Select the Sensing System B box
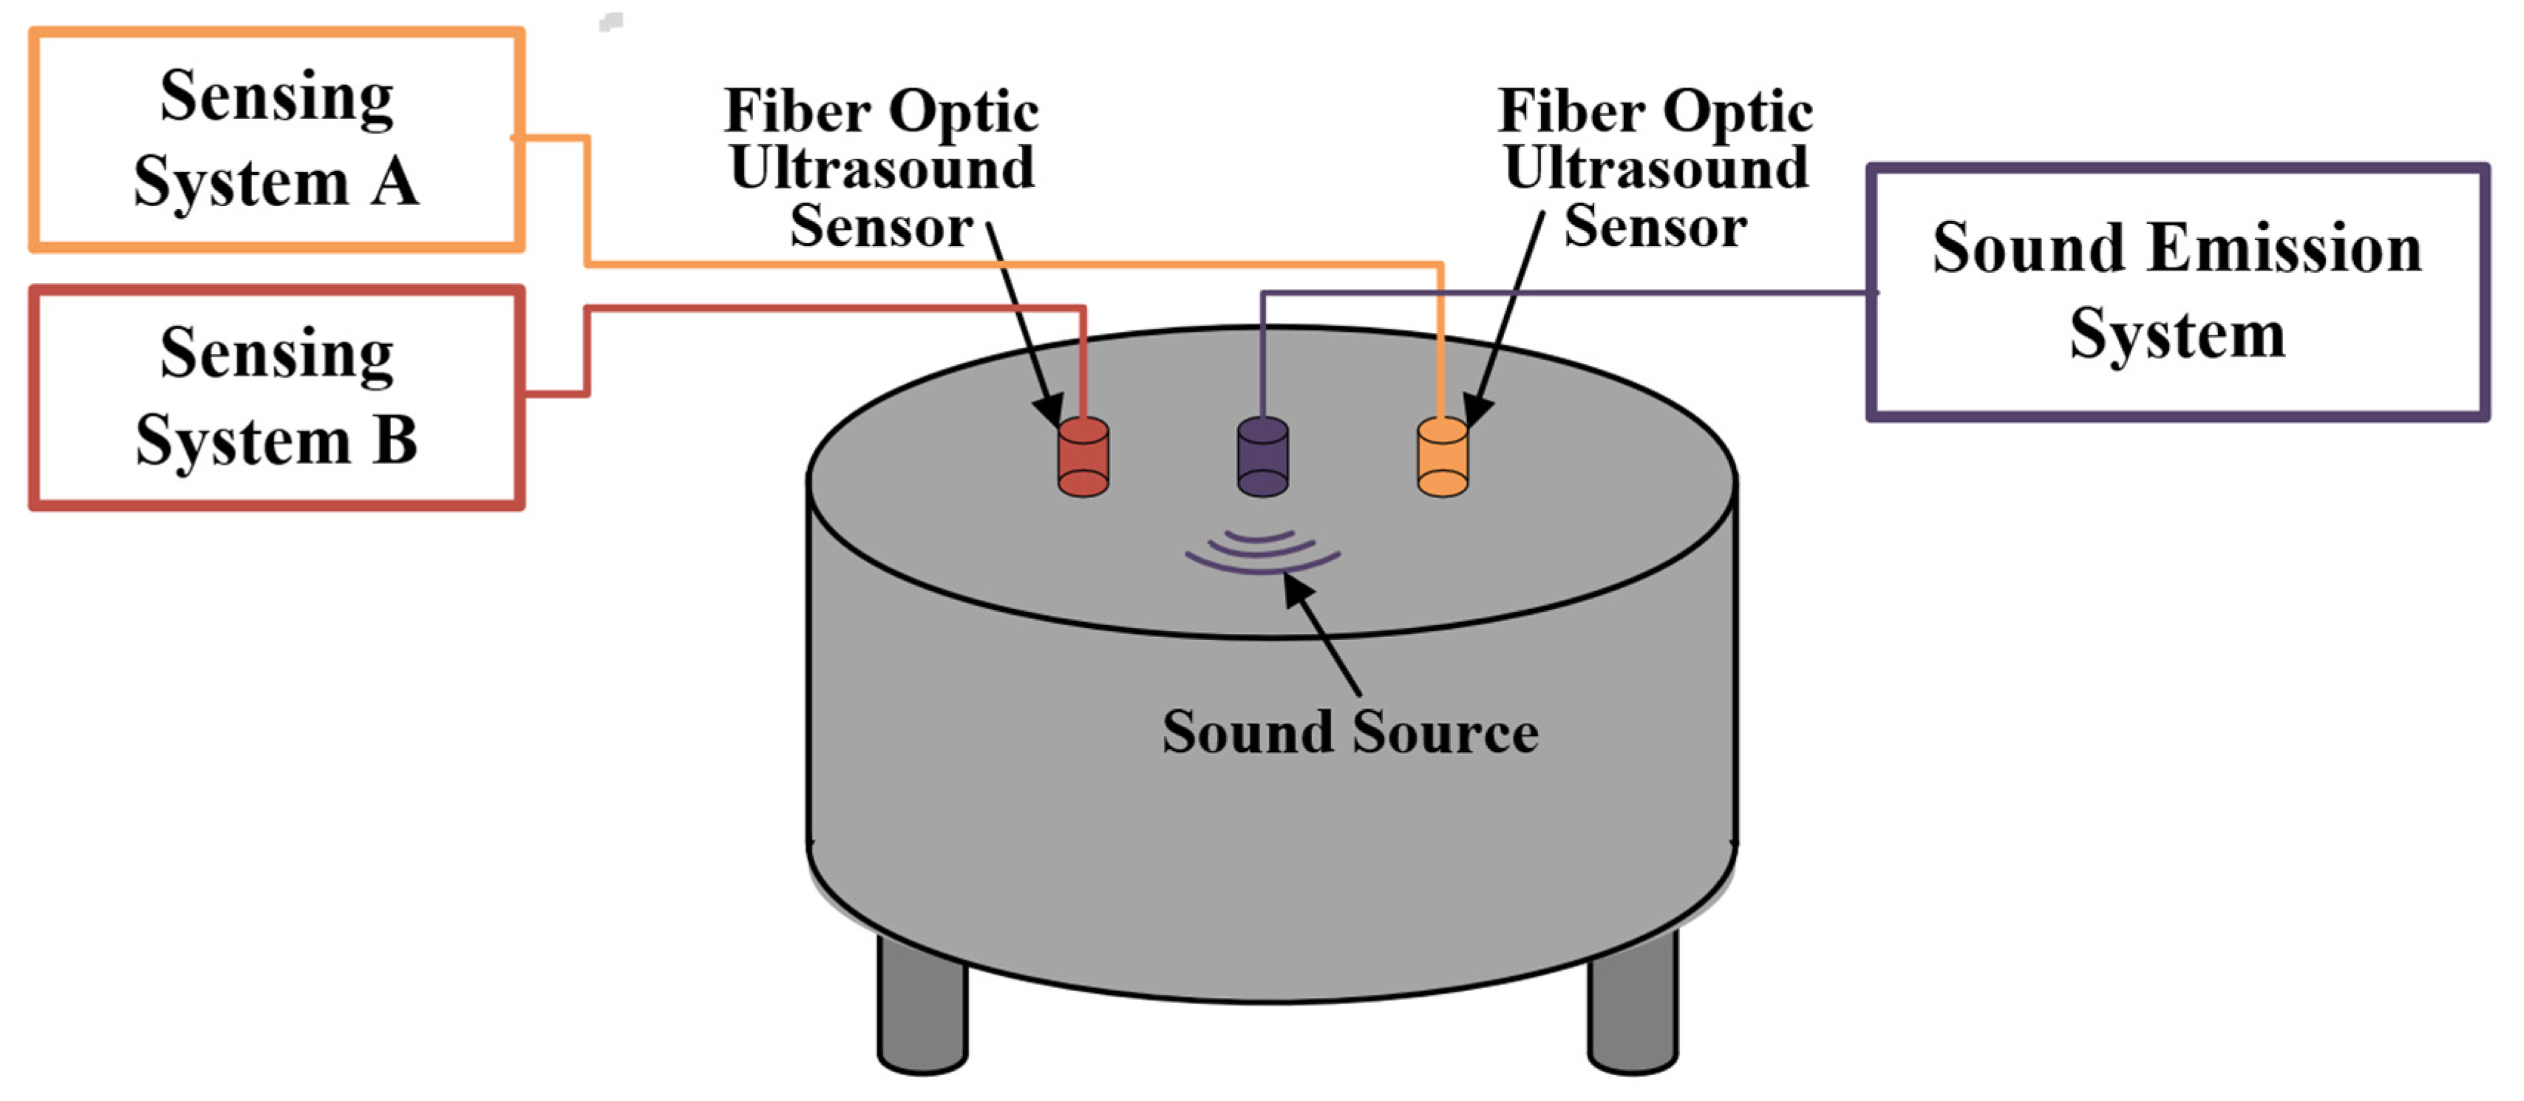tap(276, 398)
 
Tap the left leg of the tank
tap(922, 1009)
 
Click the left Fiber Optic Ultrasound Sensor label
tap(881, 168)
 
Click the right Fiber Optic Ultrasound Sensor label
tap(1655, 168)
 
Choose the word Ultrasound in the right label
tap(1655, 168)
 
